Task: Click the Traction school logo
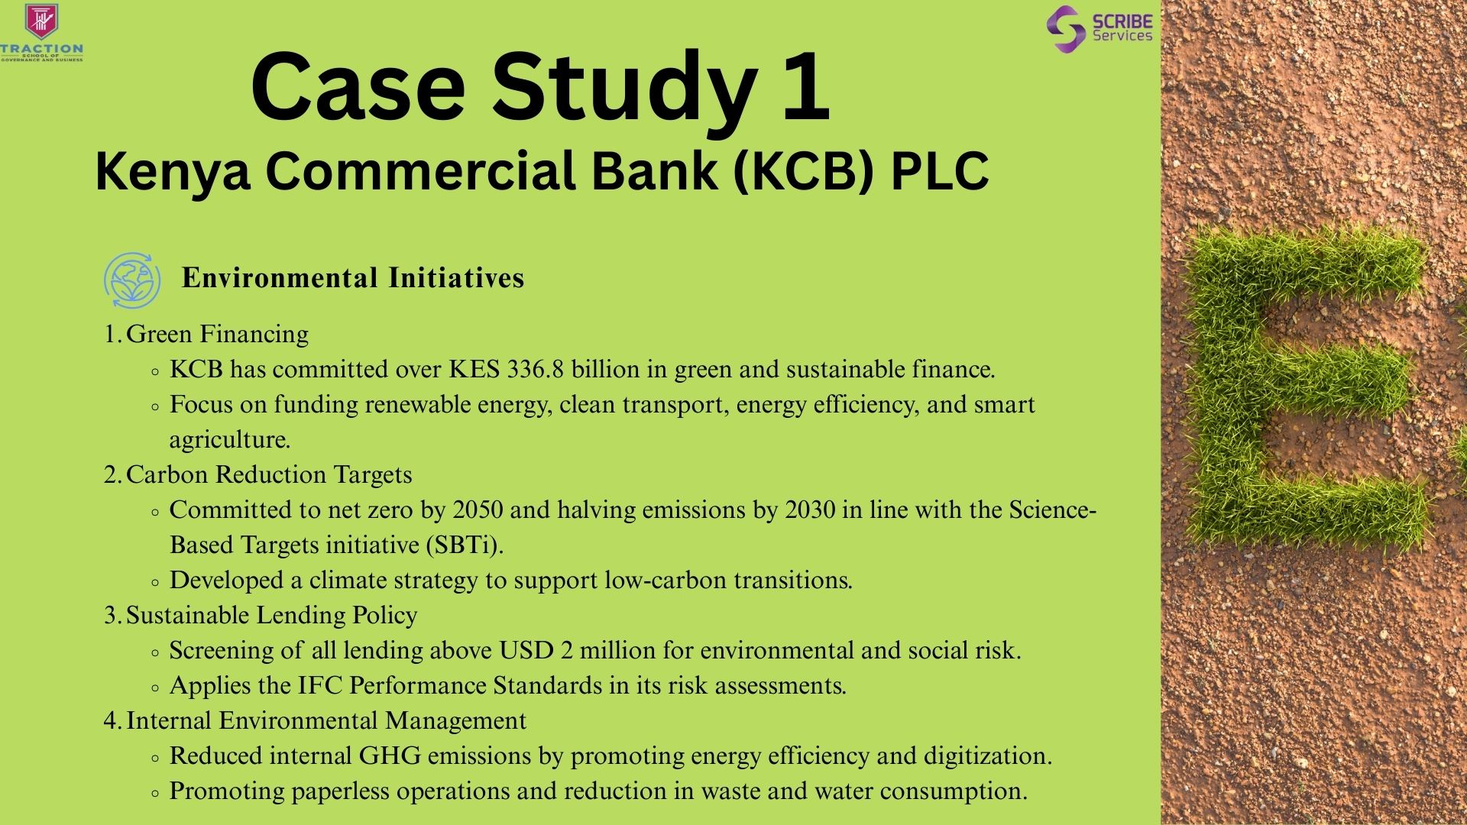point(42,32)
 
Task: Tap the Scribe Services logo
point(1099,28)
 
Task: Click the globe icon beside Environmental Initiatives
point(132,280)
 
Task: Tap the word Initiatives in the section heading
point(456,277)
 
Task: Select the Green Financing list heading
point(218,335)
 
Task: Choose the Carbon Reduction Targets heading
point(269,475)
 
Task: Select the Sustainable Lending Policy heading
point(272,616)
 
